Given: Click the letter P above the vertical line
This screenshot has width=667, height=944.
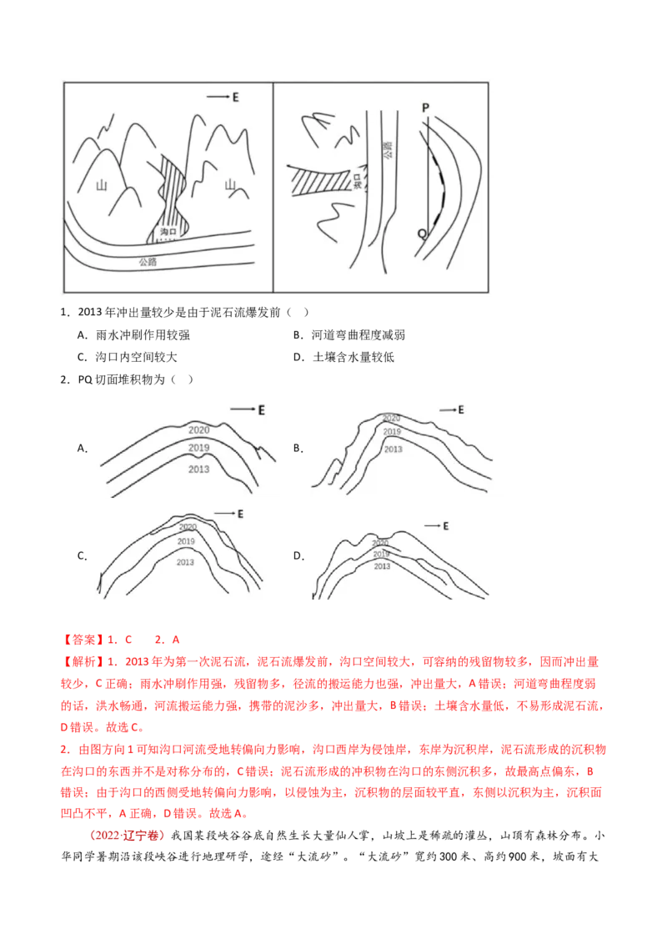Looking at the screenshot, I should [x=425, y=108].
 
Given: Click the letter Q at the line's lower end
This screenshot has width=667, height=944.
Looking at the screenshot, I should [x=422, y=234].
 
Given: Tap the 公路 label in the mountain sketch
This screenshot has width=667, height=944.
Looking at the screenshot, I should [x=150, y=261].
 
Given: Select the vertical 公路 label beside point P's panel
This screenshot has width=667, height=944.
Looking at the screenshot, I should [x=388, y=149].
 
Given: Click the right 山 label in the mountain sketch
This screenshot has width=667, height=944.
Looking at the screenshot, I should [x=229, y=193].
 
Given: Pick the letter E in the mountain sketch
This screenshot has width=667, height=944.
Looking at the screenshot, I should [x=236, y=98].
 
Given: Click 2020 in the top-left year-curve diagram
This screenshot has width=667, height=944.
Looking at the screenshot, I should [x=198, y=430].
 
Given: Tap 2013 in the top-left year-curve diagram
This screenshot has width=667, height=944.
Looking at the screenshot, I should [x=198, y=469].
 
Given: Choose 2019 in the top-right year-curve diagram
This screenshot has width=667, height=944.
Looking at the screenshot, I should [x=392, y=432].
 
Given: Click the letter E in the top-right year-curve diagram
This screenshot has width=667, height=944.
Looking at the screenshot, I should [x=460, y=410].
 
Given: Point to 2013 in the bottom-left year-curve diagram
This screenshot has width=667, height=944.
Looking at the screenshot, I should [x=186, y=562].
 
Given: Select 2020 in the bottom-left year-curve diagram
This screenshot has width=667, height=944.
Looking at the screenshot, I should [x=188, y=527].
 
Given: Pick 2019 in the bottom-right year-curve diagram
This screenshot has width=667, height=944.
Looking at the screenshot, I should [x=382, y=554].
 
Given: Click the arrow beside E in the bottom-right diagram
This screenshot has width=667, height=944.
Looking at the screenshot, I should [x=431, y=526].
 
